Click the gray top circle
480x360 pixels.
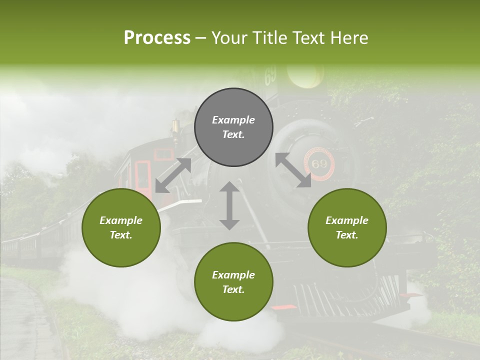(233, 127)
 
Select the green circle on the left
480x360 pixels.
(121, 227)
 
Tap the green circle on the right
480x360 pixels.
(347, 227)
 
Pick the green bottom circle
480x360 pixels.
(233, 281)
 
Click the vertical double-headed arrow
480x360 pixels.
(229, 205)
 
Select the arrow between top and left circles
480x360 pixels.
(173, 175)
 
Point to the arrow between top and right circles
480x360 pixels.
(293, 170)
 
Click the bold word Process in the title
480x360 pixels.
(157, 38)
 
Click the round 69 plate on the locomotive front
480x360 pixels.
(318, 164)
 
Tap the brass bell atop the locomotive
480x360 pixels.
(175, 126)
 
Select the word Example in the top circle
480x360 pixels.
(233, 120)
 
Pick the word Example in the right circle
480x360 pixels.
(347, 220)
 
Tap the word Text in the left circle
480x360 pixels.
(120, 235)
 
